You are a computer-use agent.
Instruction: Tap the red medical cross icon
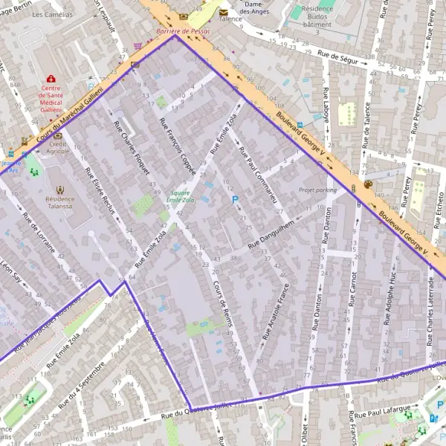51,79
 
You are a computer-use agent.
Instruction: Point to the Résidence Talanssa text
59,204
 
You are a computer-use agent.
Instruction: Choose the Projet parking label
317,190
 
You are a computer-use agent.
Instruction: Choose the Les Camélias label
53,14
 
